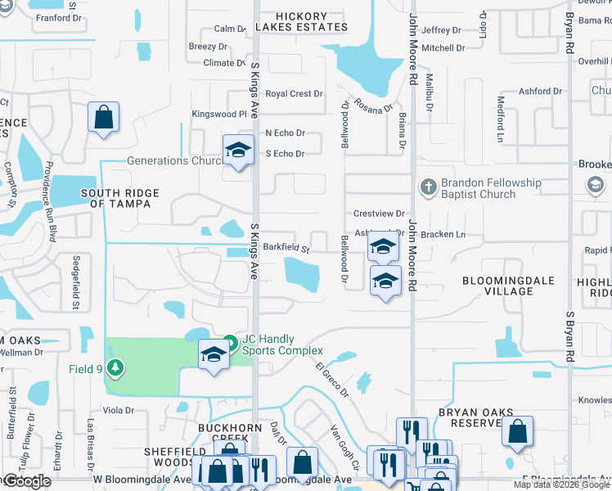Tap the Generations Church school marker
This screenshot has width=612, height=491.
[238, 150]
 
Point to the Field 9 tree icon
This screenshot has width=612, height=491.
[117, 368]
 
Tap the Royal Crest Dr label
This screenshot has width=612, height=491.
[294, 94]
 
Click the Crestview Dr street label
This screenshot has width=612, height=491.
[379, 214]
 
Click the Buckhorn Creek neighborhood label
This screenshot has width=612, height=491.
[228, 433]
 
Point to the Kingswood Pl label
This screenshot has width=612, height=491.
[218, 115]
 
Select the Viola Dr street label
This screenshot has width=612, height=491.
[119, 410]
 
